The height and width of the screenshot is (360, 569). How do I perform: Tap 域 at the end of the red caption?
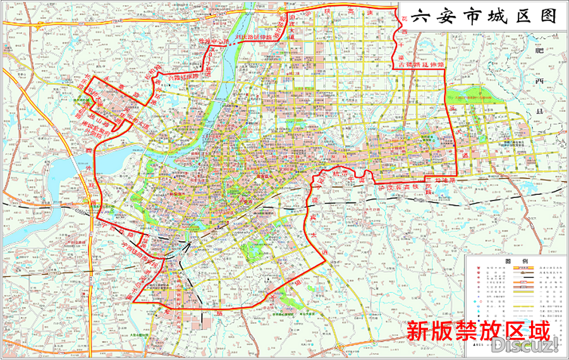(537, 330)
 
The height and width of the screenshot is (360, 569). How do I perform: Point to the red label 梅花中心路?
(212, 43)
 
